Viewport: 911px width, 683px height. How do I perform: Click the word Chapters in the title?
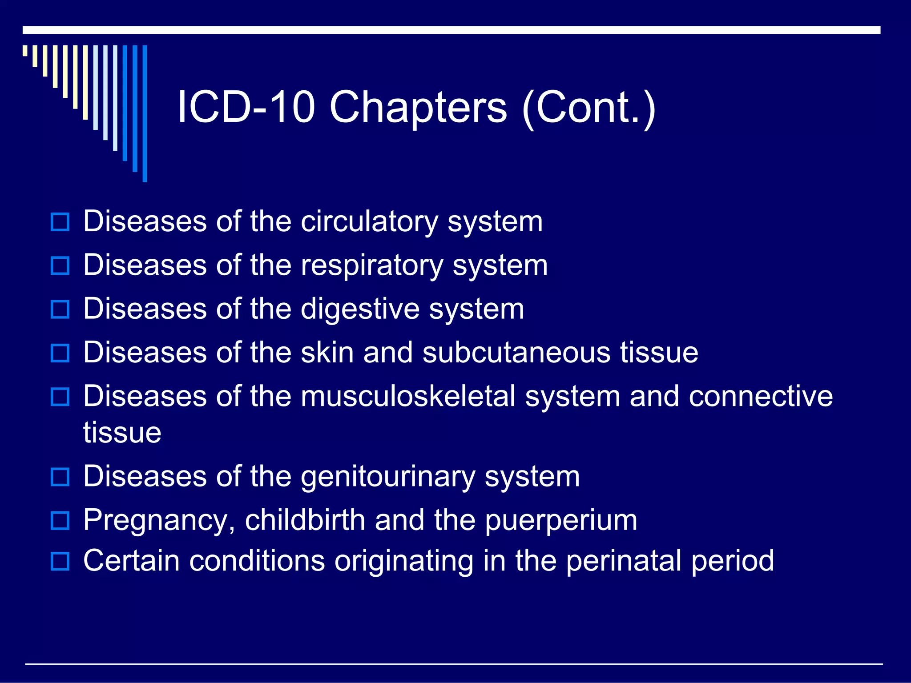click(418, 108)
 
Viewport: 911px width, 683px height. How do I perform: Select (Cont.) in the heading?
click(588, 108)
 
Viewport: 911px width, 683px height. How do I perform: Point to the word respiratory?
click(372, 266)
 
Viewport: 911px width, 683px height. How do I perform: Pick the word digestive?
click(360, 309)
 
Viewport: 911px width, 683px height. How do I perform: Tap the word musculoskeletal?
click(408, 396)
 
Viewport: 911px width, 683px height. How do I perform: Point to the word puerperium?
click(561, 521)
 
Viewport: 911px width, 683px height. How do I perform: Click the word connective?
click(761, 396)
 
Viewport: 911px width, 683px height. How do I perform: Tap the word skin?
click(327, 353)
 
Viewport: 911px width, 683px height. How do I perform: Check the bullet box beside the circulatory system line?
click(60, 222)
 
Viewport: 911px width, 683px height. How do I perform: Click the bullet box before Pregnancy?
click(60, 521)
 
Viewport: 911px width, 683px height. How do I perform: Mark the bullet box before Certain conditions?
click(60, 561)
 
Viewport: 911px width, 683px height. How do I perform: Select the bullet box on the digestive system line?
click(60, 309)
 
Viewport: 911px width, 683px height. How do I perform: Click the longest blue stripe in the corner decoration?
click(145, 113)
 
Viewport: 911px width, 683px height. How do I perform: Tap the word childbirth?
click(305, 520)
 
